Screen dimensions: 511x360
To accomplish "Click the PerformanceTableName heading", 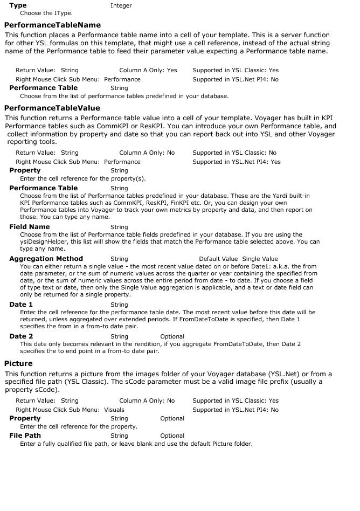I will click(52, 25).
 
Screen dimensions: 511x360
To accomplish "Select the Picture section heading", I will click(18, 363).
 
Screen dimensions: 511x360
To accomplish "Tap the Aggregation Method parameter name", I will click(46, 259).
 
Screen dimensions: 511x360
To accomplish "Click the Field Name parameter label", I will click(30, 227).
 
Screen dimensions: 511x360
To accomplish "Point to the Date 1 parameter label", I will click(22, 305).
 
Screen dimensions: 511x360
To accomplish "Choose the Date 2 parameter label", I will click(22, 336).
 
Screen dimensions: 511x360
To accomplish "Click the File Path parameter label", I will click(25, 436).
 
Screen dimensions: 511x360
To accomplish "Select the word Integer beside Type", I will click(121, 6).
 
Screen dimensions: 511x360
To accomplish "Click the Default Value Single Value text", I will click(238, 259).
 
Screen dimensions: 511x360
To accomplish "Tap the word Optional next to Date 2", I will click(172, 337).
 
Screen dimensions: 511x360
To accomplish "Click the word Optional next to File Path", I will click(172, 436).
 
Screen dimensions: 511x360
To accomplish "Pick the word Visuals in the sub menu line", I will click(114, 410).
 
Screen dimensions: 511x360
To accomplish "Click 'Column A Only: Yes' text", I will click(148, 70).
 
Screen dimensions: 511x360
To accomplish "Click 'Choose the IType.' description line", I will click(46, 13).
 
